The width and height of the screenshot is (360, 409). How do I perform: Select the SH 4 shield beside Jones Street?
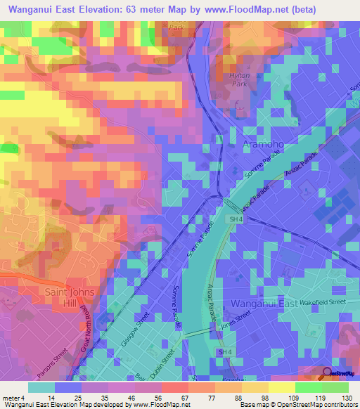coord(224,351)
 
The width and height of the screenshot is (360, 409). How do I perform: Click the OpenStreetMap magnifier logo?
coord(328,372)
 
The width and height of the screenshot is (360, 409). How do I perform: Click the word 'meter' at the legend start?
coord(10,398)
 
